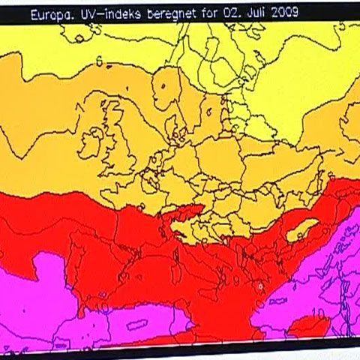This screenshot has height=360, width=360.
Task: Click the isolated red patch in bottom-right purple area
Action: coord(308,328)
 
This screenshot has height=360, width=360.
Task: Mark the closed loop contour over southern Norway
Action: coord(163,88)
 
